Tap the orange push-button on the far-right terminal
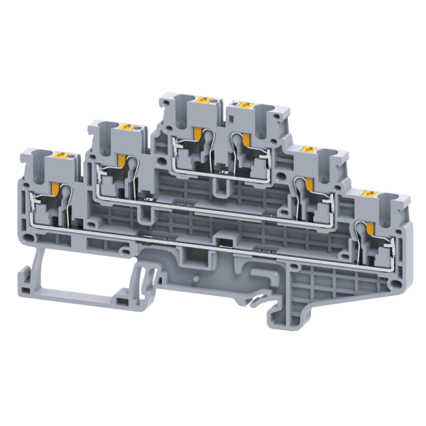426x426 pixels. tap(368, 193)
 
